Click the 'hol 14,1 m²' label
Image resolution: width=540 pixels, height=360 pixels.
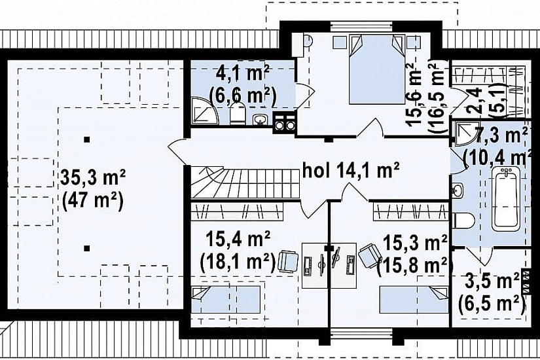351,171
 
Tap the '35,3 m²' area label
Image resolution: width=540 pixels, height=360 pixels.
93,178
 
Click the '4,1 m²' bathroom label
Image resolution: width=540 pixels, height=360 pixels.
243,73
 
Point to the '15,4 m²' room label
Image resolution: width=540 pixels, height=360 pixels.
238,240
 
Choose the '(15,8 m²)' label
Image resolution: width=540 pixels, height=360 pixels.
413,265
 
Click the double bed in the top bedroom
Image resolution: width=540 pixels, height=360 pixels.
377,69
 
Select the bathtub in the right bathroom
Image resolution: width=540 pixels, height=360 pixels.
505,199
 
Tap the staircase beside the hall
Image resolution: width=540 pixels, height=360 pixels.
245,182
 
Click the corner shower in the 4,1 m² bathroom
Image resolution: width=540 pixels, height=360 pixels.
205,110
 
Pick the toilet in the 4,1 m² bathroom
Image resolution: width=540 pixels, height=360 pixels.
237,115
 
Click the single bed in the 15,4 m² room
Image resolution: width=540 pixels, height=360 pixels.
226,300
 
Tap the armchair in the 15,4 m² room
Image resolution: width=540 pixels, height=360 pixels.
288,261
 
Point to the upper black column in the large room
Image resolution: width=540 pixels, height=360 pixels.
87,139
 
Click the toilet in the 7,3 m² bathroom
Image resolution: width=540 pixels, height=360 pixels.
463,220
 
